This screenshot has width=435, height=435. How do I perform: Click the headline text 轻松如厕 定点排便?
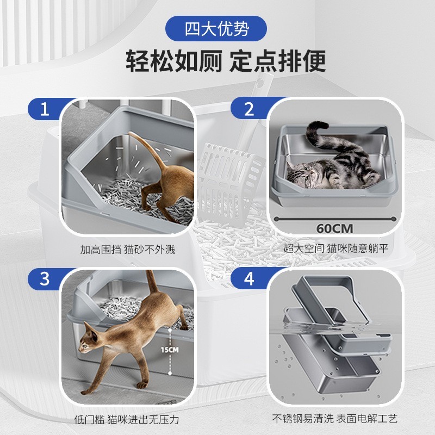226,61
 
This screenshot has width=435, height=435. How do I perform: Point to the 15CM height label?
170,350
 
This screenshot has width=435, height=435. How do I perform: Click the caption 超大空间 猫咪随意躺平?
336,250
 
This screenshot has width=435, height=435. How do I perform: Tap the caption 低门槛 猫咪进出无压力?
126,419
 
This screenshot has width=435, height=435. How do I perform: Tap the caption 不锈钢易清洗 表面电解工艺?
335,419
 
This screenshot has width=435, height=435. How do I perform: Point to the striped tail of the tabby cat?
321,136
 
